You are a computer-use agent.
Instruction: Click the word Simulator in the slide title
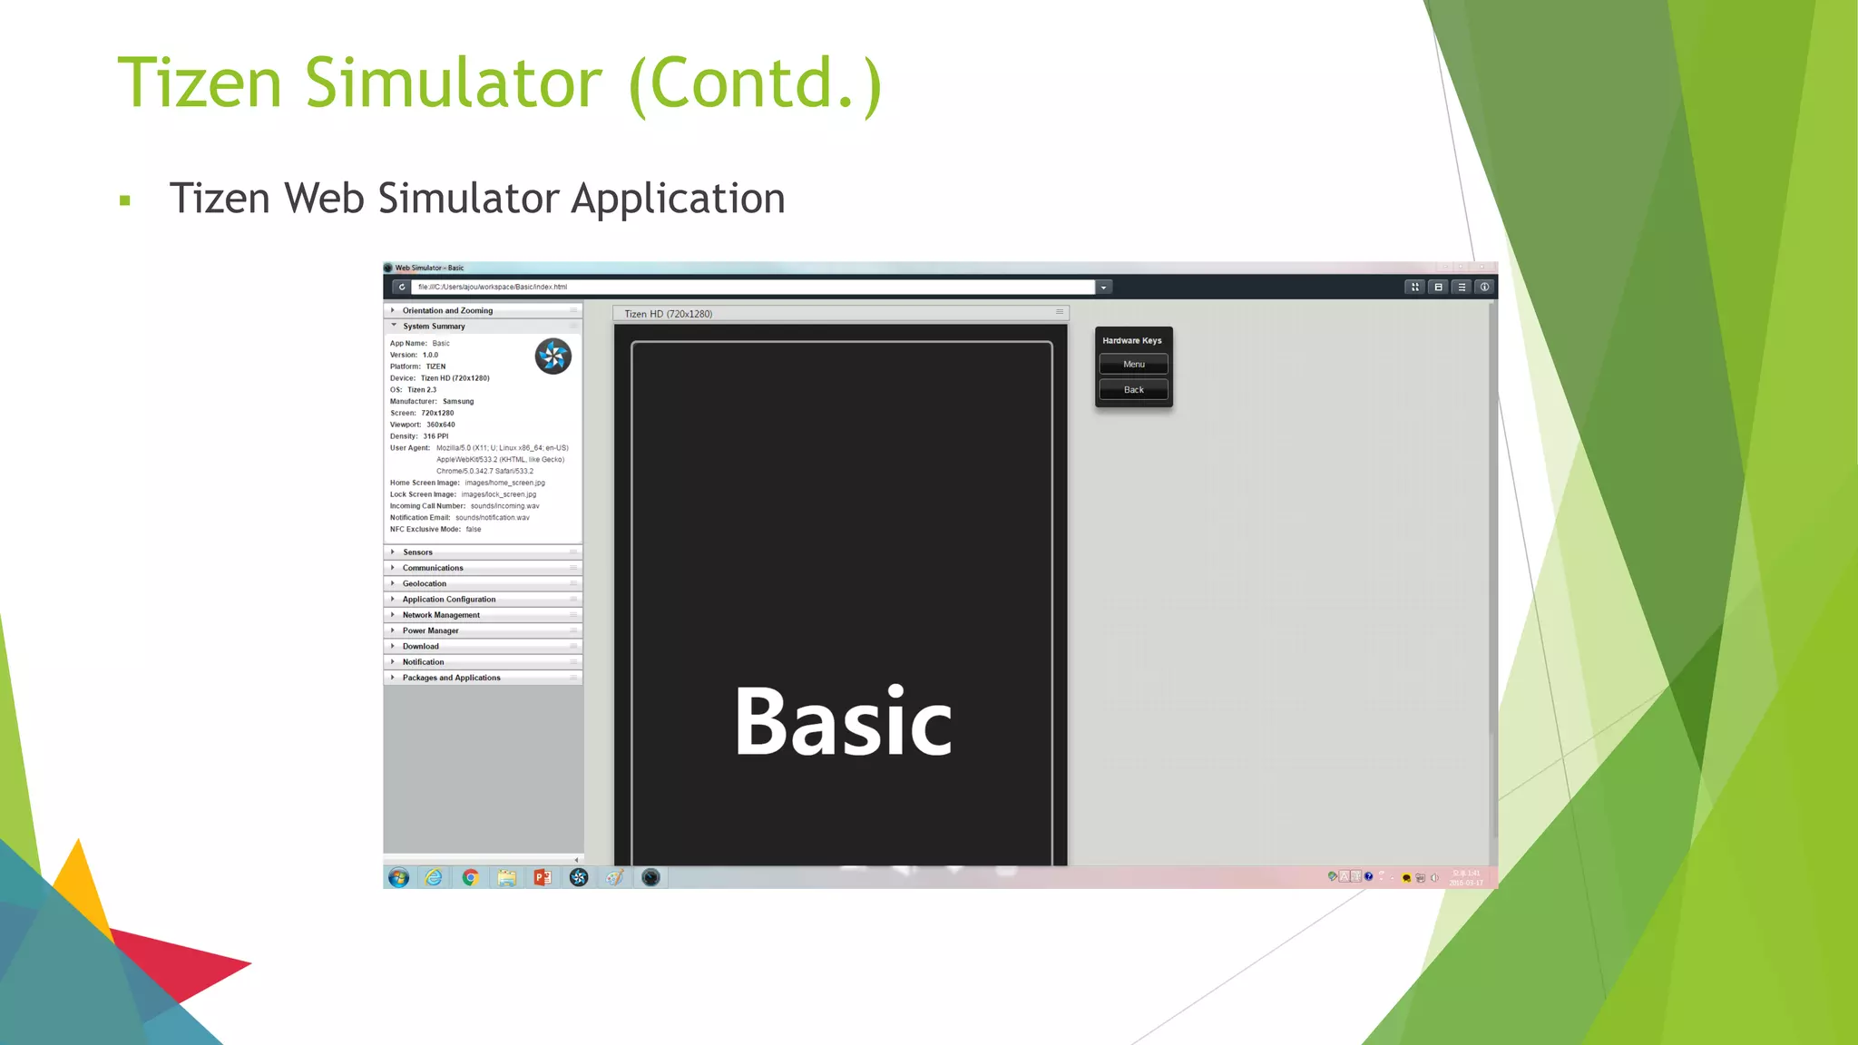tap(453, 83)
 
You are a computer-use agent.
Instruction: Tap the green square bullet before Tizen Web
tap(125, 200)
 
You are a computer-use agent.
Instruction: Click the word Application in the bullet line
tap(678, 199)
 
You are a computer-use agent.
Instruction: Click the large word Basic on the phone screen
tap(843, 722)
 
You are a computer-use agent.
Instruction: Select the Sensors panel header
tap(418, 552)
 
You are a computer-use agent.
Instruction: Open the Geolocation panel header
tap(425, 584)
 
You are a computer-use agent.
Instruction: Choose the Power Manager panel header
tap(431, 631)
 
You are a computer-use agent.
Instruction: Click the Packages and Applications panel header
tap(452, 679)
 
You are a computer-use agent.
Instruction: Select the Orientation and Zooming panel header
tap(448, 311)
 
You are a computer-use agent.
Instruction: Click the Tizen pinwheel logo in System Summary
tap(553, 356)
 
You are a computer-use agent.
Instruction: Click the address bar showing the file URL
tap(753, 288)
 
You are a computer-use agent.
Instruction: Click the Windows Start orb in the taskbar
tap(398, 877)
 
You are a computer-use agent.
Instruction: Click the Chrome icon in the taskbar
tap(470, 877)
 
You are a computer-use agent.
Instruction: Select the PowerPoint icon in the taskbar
tap(543, 877)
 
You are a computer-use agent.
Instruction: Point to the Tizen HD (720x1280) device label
tap(669, 314)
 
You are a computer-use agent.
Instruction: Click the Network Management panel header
tap(441, 615)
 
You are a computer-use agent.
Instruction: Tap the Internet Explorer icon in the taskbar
tap(435, 877)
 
